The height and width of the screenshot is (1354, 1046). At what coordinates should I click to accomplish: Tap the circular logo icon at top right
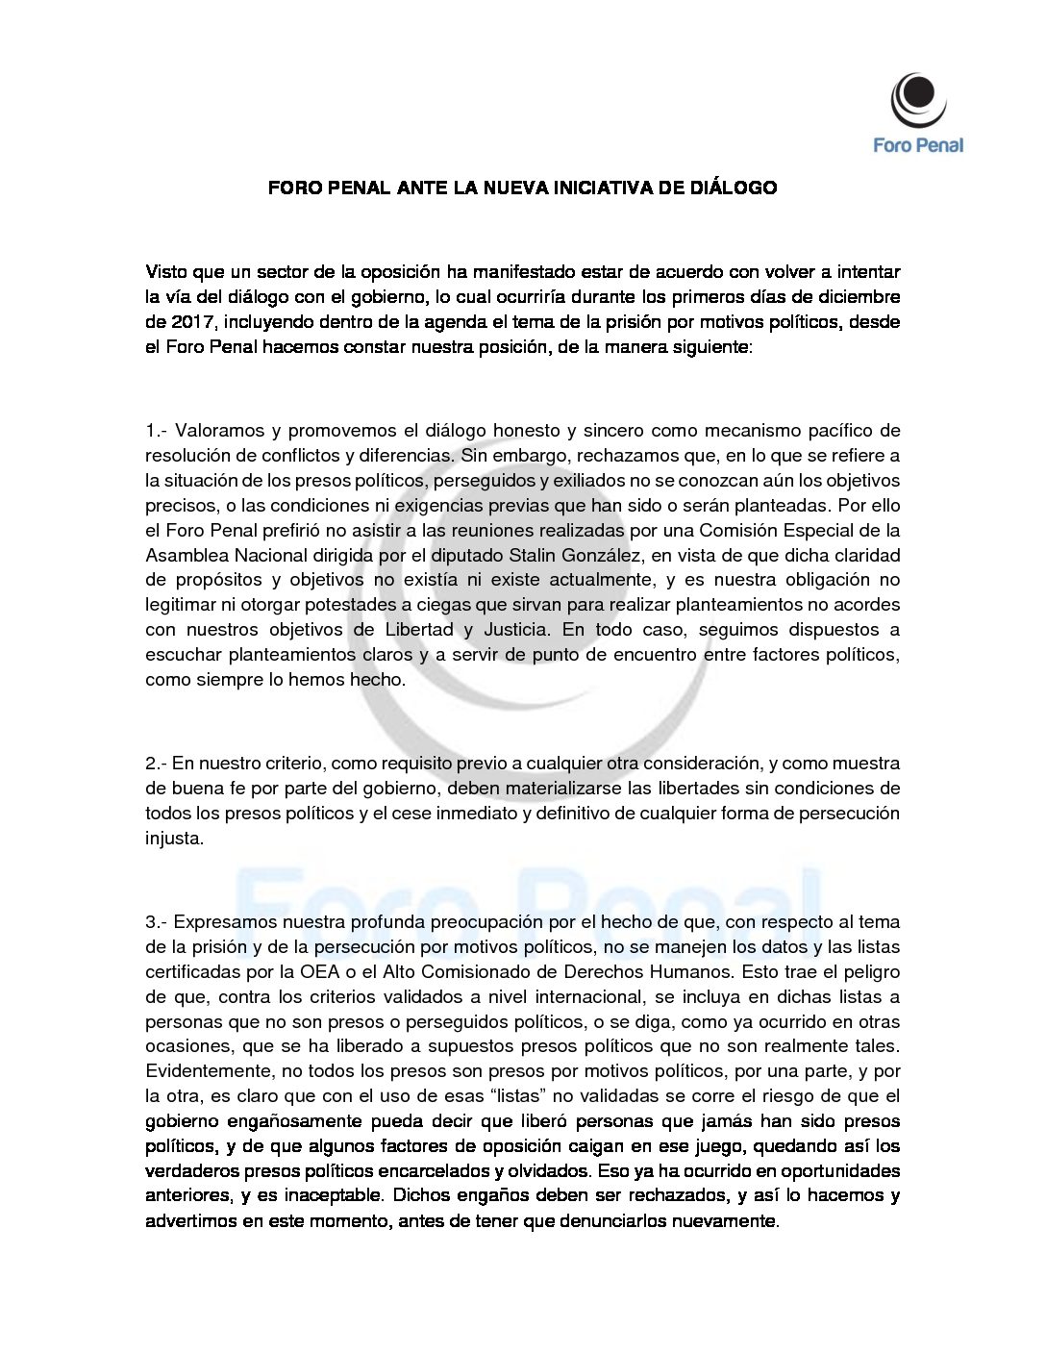pyautogui.click(x=917, y=99)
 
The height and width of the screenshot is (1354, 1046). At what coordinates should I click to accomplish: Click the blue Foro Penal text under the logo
pyautogui.click(x=918, y=145)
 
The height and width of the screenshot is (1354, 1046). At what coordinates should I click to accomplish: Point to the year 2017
pyautogui.click(x=193, y=322)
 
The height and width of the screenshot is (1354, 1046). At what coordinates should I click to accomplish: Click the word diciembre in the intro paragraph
pyautogui.click(x=856, y=297)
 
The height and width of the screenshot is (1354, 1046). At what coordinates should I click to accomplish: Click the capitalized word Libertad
pyautogui.click(x=418, y=630)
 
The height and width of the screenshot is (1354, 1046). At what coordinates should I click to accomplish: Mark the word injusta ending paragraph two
pyautogui.click(x=174, y=839)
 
